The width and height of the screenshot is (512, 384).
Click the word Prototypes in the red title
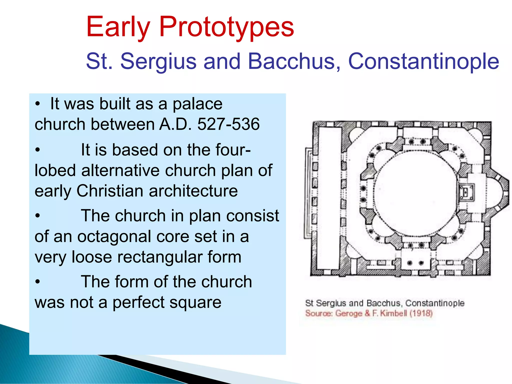click(x=226, y=27)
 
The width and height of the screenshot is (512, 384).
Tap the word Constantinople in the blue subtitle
click(x=423, y=61)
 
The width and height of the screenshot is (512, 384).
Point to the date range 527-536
click(x=228, y=124)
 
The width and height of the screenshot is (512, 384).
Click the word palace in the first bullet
click(x=197, y=104)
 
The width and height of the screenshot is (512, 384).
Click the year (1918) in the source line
click(x=421, y=313)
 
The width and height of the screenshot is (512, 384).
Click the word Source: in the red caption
click(x=319, y=313)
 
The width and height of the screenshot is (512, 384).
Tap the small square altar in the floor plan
click(x=466, y=192)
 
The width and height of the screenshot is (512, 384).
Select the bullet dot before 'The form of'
click(x=37, y=282)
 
